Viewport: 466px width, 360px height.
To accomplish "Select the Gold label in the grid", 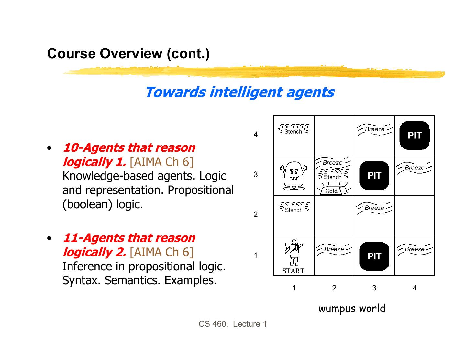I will [331, 191].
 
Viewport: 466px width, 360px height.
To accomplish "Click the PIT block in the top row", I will [415, 135].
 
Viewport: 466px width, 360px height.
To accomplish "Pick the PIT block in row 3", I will [374, 175].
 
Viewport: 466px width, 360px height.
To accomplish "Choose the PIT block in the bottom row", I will [374, 256].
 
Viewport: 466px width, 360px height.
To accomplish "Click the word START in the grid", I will [294, 271].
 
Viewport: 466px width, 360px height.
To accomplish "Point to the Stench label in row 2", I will [294, 210].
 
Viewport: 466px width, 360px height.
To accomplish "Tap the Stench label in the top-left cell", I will [294, 131].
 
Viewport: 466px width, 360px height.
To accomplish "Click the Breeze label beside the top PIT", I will [375, 129].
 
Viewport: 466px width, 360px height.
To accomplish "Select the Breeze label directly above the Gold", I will [332, 163].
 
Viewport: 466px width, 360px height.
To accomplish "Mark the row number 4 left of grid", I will [256, 135].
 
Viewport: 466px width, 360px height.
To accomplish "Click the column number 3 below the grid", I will [374, 288].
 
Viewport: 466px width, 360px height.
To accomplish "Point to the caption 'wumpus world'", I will [352, 309].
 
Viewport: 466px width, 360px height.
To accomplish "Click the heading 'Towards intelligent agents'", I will [239, 92].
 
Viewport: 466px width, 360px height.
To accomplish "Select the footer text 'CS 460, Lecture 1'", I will [233, 324].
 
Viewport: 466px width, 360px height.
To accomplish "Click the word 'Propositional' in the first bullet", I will [201, 190].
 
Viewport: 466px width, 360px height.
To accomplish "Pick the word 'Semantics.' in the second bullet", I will [133, 280].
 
